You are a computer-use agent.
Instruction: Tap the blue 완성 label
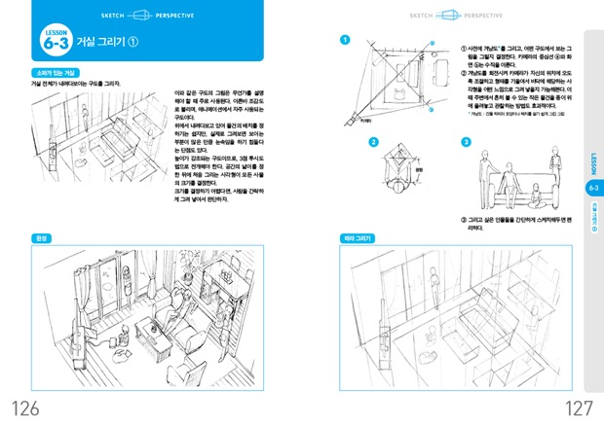coord(43,237)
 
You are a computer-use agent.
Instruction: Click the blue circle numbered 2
coord(372,142)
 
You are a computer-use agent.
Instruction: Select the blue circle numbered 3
coord(465,142)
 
